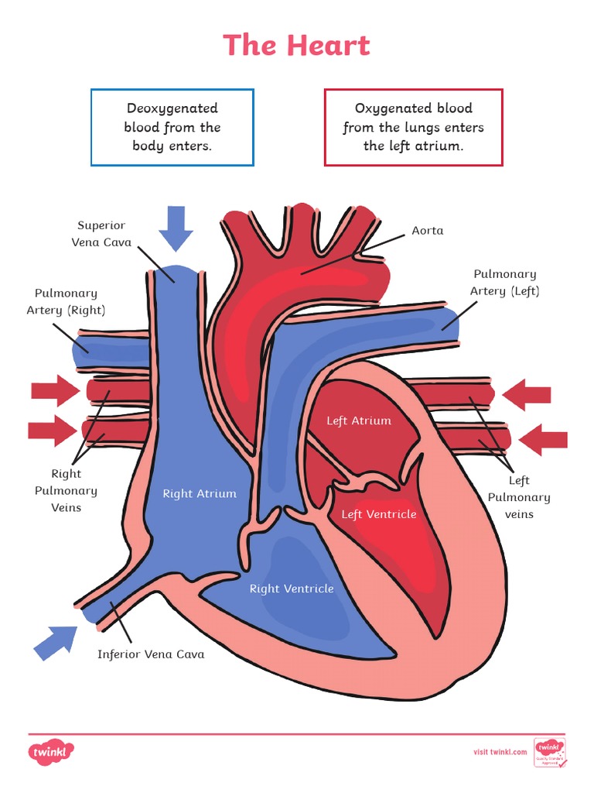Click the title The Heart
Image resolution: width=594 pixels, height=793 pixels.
tap(297, 45)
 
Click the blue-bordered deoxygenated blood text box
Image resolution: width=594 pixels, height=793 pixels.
tap(172, 127)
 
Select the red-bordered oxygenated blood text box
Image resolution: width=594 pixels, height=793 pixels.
tap(413, 127)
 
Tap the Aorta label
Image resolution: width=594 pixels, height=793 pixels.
tap(427, 231)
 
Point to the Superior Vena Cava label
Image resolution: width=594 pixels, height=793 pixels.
tap(101, 234)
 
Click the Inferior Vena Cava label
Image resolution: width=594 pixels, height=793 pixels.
tap(151, 654)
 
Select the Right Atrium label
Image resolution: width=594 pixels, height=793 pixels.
tap(200, 493)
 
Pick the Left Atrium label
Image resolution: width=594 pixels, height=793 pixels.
tap(359, 421)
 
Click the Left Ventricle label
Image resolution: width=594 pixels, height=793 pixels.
tap(379, 514)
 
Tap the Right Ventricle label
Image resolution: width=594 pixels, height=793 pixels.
tap(292, 589)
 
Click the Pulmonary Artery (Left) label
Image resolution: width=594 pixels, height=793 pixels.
tap(504, 283)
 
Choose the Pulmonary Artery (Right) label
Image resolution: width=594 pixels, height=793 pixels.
tap(66, 301)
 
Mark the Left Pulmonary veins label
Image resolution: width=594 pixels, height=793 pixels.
tap(519, 497)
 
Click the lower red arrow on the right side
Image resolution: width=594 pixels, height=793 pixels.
tap(543, 440)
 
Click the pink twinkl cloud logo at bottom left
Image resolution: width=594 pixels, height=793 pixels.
tap(52, 751)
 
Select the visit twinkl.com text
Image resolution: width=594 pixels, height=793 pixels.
tap(500, 752)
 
